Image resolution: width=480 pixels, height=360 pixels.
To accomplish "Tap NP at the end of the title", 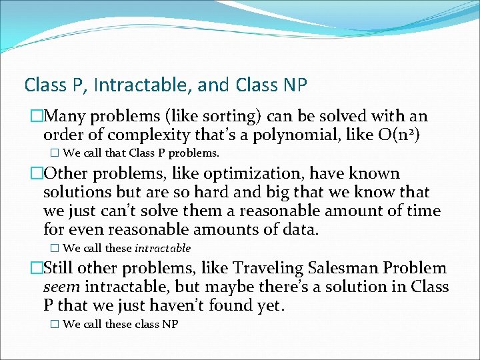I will (x=295, y=85).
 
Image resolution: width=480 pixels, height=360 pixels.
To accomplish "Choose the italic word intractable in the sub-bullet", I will (x=163, y=248).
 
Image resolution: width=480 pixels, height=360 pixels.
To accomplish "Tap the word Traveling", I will (x=266, y=269).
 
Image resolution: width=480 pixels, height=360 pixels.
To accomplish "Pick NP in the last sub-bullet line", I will (x=169, y=324).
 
